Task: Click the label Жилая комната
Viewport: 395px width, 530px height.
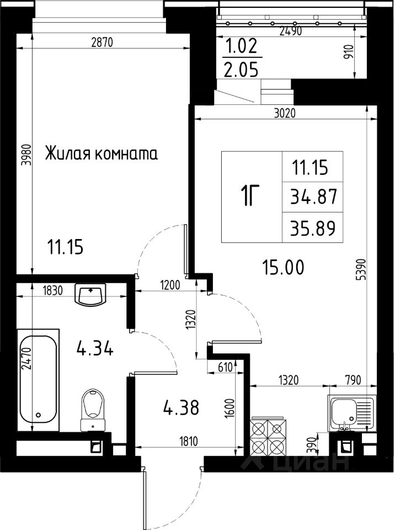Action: pos(102,154)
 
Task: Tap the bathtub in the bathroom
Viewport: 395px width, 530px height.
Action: pos(38,380)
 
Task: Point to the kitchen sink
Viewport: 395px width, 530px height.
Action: pos(351,413)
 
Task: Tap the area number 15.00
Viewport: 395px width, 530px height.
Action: pos(283,267)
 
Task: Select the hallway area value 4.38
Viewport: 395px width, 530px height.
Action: pos(181,407)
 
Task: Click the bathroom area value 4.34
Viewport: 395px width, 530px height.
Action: pos(95,348)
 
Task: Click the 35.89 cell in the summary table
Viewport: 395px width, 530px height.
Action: pos(313,228)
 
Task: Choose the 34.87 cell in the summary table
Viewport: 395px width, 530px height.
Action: pos(313,197)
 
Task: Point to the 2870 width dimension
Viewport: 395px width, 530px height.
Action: pos(102,43)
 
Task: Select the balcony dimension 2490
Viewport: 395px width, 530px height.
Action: pos(290,31)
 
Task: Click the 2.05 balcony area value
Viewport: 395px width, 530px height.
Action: pos(241,70)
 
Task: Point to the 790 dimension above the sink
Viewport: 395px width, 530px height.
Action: pos(354,380)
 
